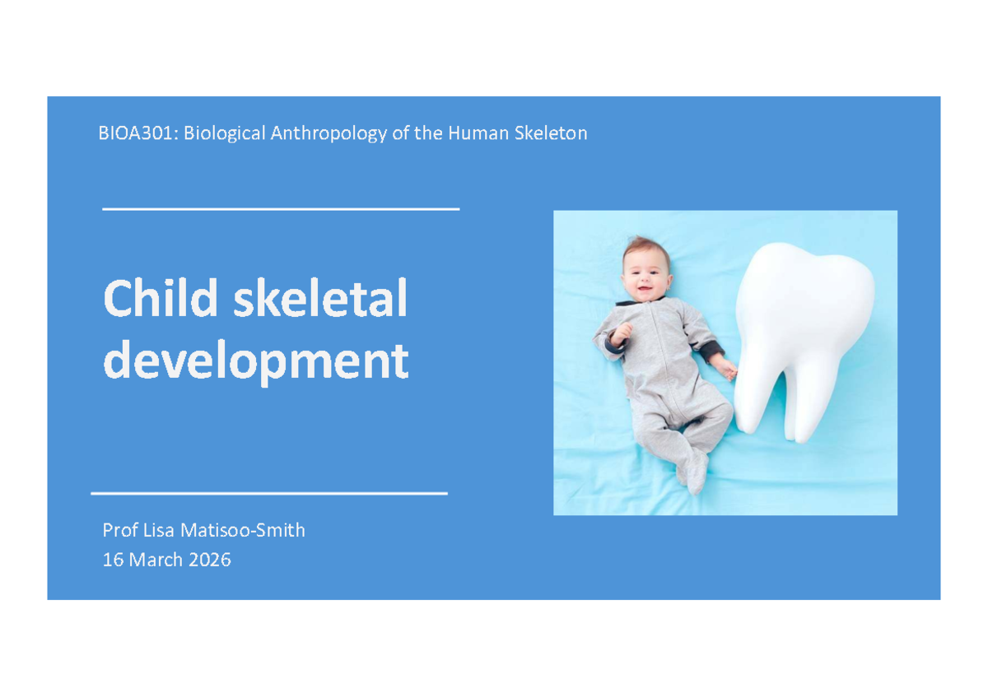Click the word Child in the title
click(x=161, y=298)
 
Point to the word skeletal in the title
click(x=320, y=298)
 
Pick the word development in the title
click(x=256, y=361)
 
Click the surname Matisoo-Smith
click(x=243, y=530)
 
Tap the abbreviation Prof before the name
click(x=120, y=530)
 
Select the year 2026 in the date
click(x=209, y=560)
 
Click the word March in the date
click(x=156, y=560)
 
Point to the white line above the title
click(x=281, y=209)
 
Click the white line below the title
click(x=269, y=493)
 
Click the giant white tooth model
click(x=803, y=339)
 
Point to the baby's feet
click(x=693, y=472)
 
